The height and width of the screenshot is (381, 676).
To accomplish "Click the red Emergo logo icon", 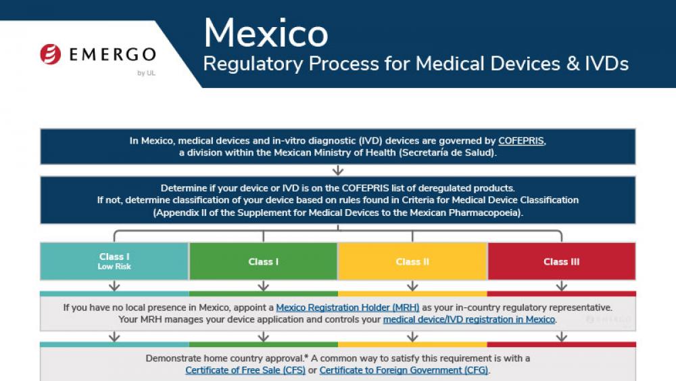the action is [x=51, y=54].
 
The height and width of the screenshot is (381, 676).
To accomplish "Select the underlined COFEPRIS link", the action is [x=521, y=141].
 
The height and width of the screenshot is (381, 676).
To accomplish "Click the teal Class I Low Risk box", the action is [x=114, y=261].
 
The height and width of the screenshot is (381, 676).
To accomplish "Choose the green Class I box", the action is [x=264, y=261].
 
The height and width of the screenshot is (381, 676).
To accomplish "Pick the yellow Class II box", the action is [x=412, y=261].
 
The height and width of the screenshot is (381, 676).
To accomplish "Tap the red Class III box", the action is [x=562, y=261].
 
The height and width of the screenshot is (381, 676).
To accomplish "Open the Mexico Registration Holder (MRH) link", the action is [x=347, y=308].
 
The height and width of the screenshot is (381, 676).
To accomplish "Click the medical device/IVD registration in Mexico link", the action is [x=469, y=319].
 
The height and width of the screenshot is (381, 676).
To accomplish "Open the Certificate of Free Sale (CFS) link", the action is [x=245, y=370].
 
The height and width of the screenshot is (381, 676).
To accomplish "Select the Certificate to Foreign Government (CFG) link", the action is [x=404, y=370].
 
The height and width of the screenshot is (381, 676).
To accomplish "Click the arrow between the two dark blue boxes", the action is [x=338, y=170].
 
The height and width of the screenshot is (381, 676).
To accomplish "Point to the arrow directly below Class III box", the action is [x=562, y=286].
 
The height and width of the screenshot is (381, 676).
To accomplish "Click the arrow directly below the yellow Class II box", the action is [x=412, y=286].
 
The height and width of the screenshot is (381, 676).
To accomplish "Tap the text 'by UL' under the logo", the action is [x=146, y=73].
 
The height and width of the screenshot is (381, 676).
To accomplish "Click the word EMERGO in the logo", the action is [x=112, y=54].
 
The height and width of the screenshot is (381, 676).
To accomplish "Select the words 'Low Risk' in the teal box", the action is [x=114, y=267].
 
